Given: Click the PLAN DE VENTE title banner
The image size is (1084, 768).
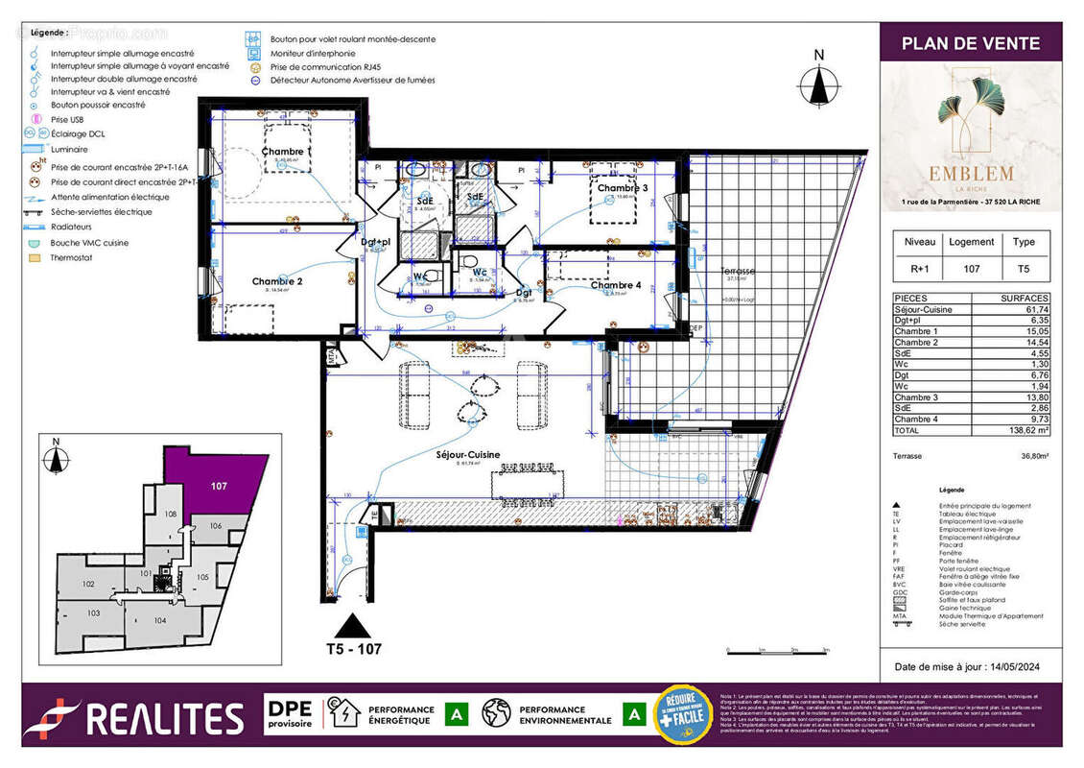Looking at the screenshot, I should tap(971, 43).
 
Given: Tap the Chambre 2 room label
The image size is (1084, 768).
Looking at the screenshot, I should tap(277, 281).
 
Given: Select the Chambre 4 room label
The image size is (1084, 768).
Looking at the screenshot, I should tap(616, 285).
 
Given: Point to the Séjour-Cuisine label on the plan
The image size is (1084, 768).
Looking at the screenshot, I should tap(468, 455).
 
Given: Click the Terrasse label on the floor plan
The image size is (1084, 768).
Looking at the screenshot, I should tap(738, 272).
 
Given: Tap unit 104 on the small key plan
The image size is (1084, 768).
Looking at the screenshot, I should tap(159, 620).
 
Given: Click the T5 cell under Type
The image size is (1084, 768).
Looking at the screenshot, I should tap(1024, 270).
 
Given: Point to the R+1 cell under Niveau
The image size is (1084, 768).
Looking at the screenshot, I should tap(916, 270).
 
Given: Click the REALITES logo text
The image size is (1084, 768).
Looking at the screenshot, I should tap(164, 719).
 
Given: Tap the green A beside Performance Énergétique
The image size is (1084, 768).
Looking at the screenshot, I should tap(459, 715).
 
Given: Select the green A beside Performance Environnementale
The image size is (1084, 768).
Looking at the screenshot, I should tap(633, 715).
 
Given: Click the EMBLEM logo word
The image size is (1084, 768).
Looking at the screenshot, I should tap(971, 174).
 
